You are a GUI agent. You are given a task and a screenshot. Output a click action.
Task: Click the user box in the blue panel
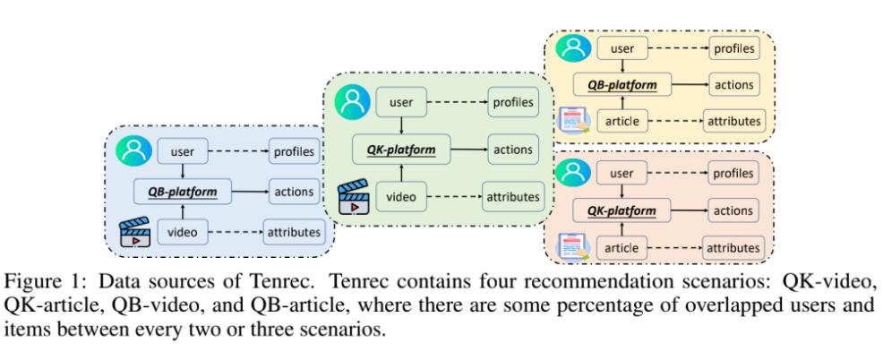(x=183, y=151)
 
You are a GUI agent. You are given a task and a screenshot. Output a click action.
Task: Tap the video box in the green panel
(x=402, y=194)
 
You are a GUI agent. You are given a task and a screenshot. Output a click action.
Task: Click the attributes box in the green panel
(x=511, y=194)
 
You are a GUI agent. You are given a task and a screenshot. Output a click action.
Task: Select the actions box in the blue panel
(x=294, y=191)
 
